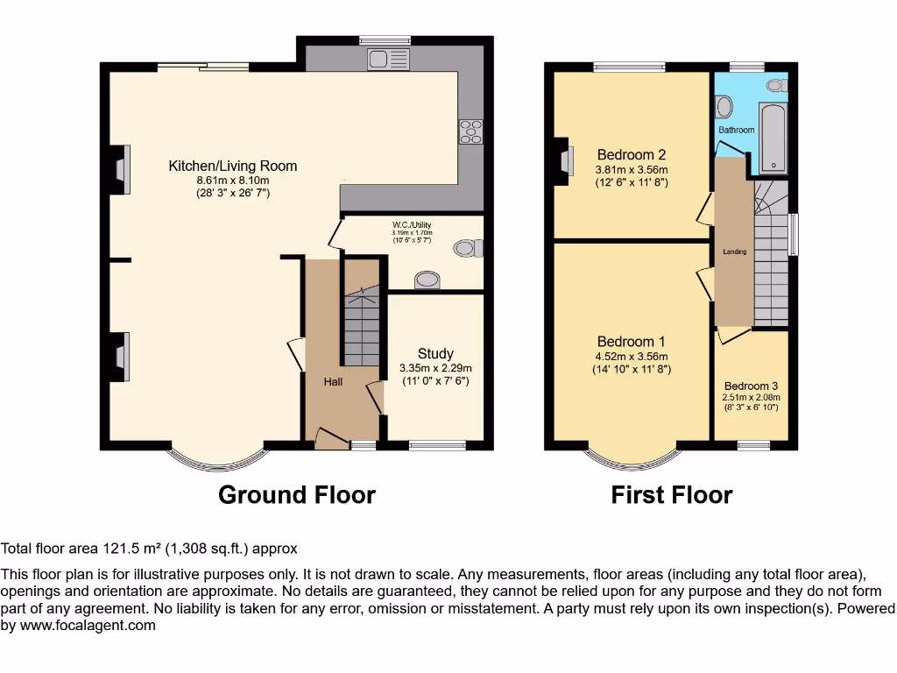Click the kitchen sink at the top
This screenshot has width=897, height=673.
click(389, 59)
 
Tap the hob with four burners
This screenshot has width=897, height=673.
click(470, 131)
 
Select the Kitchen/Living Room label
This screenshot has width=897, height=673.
click(232, 166)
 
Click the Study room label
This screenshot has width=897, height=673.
click(435, 354)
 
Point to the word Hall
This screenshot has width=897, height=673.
click(333, 382)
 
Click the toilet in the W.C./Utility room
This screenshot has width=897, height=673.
click(469, 248)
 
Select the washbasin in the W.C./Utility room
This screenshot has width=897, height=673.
click(427, 280)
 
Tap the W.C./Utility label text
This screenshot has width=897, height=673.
click(412, 225)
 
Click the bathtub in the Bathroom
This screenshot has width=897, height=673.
click(774, 138)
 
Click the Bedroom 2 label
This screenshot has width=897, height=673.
click(632, 155)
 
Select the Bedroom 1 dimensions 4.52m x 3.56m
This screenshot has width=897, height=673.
click(632, 357)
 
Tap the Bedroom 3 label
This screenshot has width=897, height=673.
click(751, 386)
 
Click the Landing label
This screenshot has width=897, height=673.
click(734, 252)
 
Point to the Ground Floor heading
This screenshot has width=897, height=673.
click(296, 495)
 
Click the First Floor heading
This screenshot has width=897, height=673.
click(671, 495)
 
